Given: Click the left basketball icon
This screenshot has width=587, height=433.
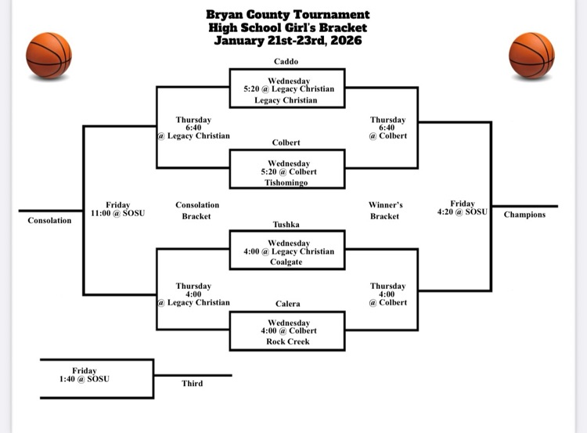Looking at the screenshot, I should [49, 56].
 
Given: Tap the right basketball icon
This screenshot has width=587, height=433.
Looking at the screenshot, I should [531, 56].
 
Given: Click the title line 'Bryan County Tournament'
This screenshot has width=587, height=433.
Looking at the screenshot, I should [288, 15].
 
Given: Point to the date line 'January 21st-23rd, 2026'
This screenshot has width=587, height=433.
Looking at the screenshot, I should [288, 41].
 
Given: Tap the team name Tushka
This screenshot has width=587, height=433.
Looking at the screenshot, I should [286, 224].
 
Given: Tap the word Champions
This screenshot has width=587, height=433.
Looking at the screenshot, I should [524, 215].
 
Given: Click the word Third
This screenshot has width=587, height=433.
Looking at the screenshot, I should [193, 384].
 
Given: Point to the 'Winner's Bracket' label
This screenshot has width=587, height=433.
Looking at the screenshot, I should [384, 211].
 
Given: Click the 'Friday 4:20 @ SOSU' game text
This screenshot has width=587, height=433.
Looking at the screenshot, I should [463, 209].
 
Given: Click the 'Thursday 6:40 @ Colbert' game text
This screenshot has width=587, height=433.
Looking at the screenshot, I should [388, 128].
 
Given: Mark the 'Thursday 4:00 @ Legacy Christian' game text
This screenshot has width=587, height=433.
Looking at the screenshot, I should [193, 294].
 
